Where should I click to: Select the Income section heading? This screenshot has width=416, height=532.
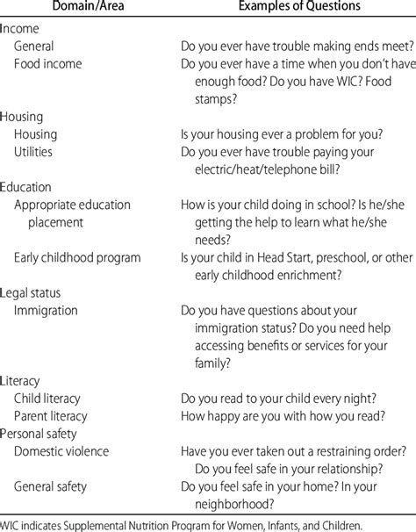(x=20, y=28)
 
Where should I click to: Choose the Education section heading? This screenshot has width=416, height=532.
(x=26, y=187)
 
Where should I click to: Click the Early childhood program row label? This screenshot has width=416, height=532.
(x=77, y=257)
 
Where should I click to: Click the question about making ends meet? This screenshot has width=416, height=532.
(x=291, y=46)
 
